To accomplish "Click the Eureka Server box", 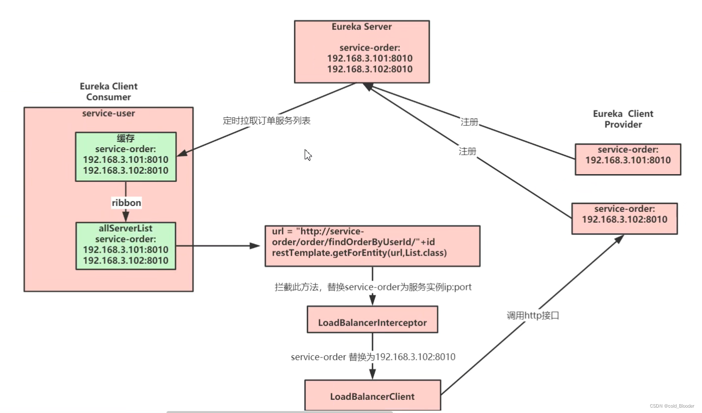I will pos(362,52).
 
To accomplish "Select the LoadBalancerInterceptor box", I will pos(372,320).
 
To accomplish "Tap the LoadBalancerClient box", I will pos(372,395).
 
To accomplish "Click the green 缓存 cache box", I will pos(126,156).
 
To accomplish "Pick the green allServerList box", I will pos(126,246).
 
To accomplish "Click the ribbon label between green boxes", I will pos(126,203).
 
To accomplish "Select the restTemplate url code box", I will pos(372,246).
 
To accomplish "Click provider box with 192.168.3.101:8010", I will pos(627,159).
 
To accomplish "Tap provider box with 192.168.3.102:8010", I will pos(624,218).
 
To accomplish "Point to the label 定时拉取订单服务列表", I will pos(266,121).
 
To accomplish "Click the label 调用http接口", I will pos(533,315).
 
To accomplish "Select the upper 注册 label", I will pos(469,122).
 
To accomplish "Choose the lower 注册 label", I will pos(467,152).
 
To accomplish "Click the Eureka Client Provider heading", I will pos(623,119).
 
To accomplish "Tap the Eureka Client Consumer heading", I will pos(108,92).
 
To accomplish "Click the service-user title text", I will pos(108,113).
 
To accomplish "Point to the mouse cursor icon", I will pos(308,155).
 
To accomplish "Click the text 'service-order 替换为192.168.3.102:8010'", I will pos(373,357).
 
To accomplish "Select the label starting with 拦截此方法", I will pos(373,287).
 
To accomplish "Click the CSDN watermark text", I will pos(672,406).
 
